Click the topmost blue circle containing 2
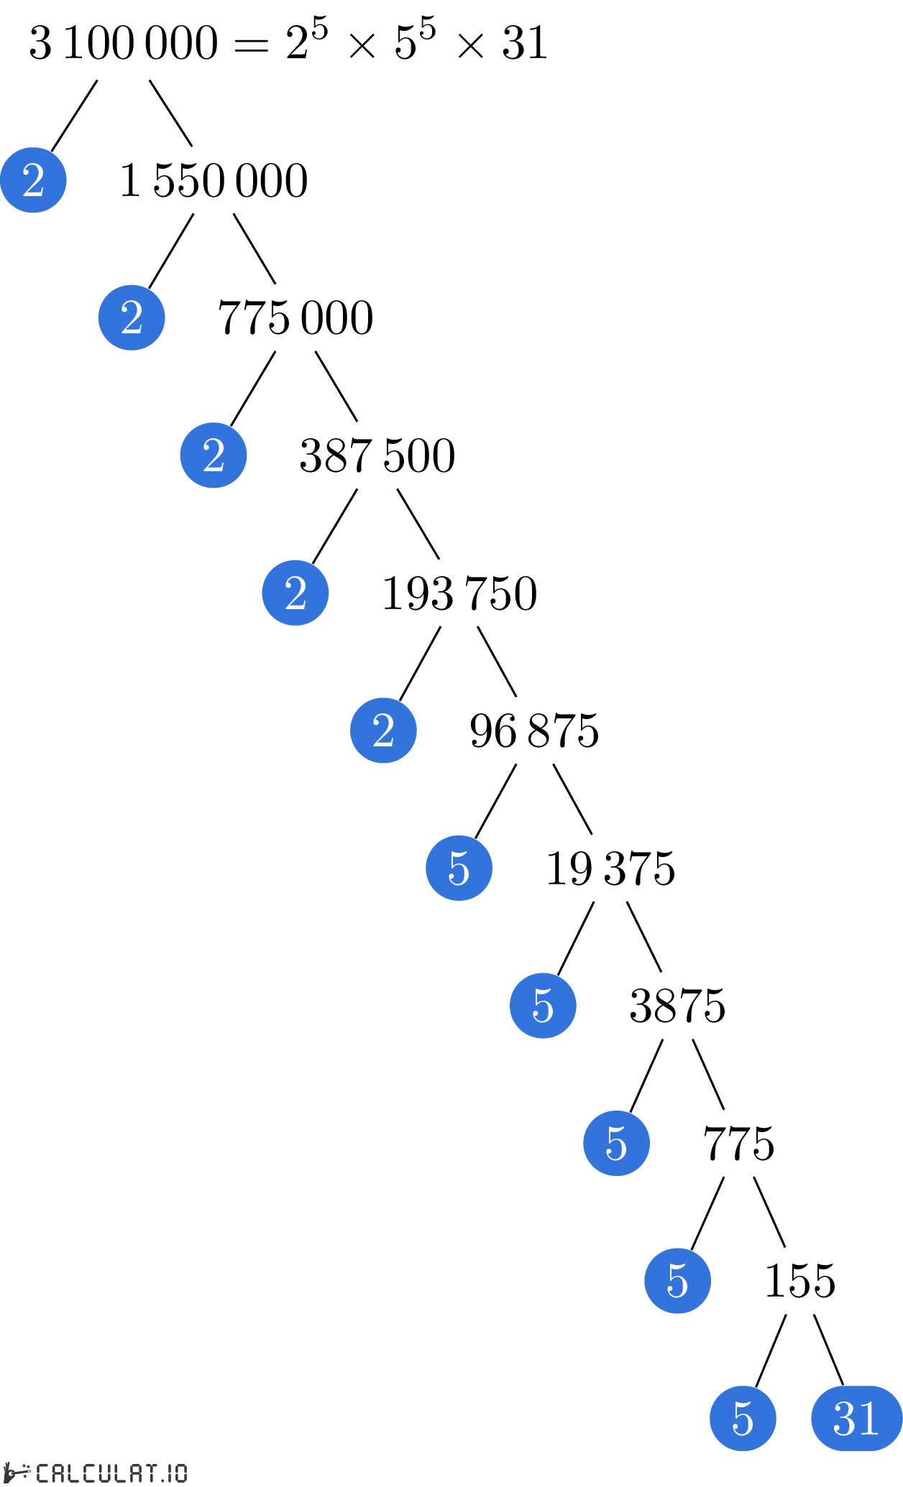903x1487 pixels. pyautogui.click(x=33, y=180)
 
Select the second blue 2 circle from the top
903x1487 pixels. pyautogui.click(x=132, y=318)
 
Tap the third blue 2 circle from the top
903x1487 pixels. pyautogui.click(x=214, y=455)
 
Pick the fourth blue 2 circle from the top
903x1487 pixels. pyautogui.click(x=295, y=593)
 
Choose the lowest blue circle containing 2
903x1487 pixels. pyautogui.click(x=383, y=731)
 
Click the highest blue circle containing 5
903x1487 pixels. pyautogui.click(x=459, y=868)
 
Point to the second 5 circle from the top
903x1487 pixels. pyautogui.click(x=543, y=1006)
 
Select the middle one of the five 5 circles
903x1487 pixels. pyautogui.click(x=616, y=1143)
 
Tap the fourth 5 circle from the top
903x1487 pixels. pyautogui.click(x=677, y=1281)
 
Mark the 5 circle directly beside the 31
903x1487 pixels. pyautogui.click(x=743, y=1418)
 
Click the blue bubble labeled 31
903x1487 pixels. pyautogui.click(x=856, y=1418)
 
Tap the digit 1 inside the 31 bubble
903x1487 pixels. pyautogui.click(x=868, y=1419)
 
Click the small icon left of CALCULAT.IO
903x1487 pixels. pyautogui.click(x=16, y=1472)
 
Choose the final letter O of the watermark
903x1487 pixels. pyautogui.click(x=180, y=1473)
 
